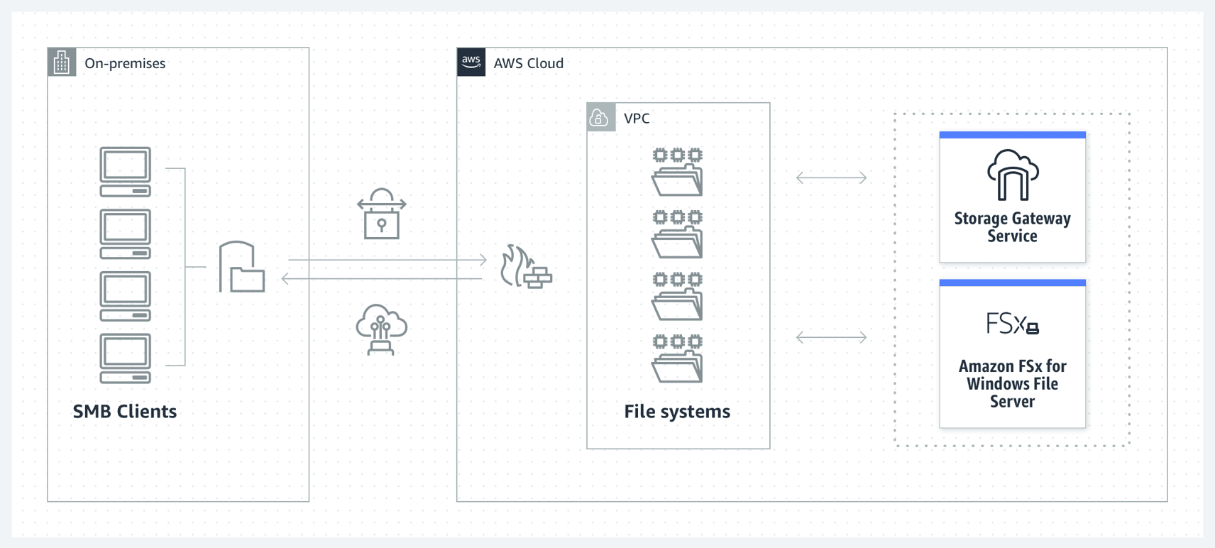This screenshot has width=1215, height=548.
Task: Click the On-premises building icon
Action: [x=62, y=62]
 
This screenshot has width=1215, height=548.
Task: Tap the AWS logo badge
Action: [x=471, y=62]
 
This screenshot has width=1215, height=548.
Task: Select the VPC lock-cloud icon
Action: [x=600, y=117]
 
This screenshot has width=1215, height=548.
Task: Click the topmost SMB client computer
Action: [x=126, y=172]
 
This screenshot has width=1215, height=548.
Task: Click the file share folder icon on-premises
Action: [x=242, y=267]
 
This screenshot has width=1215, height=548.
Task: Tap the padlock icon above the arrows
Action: [x=382, y=214]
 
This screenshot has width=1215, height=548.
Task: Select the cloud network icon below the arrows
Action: [x=382, y=329]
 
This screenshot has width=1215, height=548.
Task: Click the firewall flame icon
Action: [x=526, y=267]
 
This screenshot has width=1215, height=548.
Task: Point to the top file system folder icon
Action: [x=678, y=172]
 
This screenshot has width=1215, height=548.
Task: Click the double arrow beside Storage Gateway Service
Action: [x=832, y=177]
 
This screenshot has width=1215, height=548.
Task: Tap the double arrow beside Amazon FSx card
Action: [x=832, y=337]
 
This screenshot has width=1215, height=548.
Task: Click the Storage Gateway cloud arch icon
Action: [x=1013, y=175]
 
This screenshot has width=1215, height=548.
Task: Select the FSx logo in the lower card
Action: [x=1012, y=324]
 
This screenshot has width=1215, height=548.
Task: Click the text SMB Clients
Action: [x=125, y=412]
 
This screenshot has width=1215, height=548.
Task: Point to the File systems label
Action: [x=677, y=412]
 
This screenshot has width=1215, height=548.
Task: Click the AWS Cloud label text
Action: [x=529, y=63]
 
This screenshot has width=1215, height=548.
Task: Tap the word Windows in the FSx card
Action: [x=995, y=384]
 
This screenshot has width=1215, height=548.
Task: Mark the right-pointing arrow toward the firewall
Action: [x=387, y=260]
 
